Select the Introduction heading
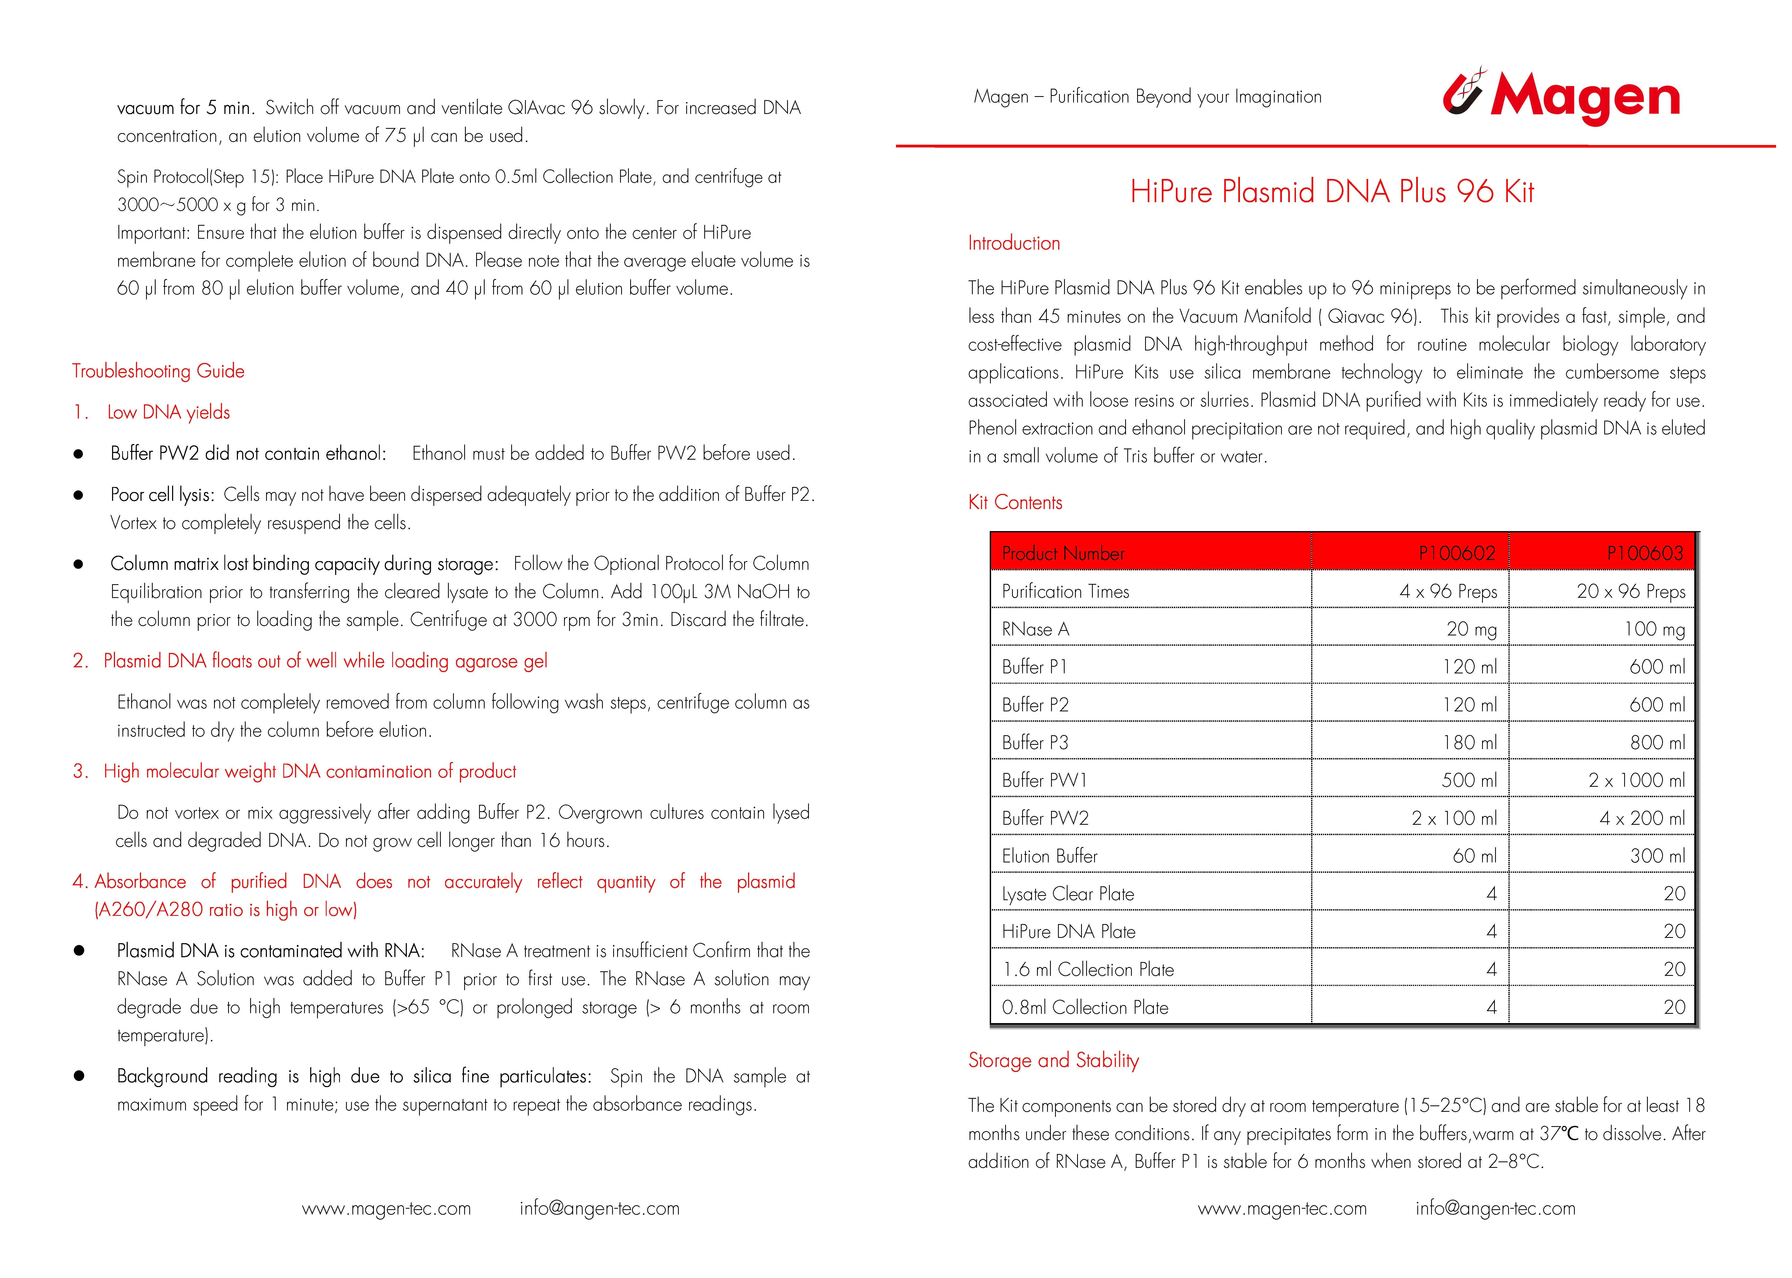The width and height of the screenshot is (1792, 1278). (x=1014, y=243)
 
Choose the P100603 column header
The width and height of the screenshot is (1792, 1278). (x=1644, y=553)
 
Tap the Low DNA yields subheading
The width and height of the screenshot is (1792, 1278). (x=168, y=412)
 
